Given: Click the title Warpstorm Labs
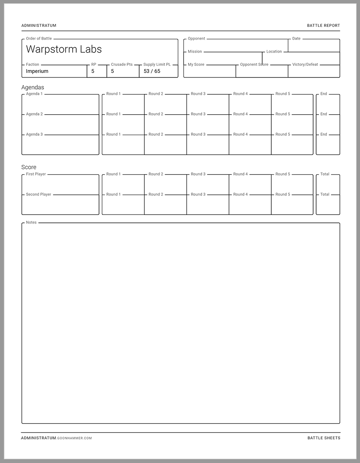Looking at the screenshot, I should pyautogui.click(x=64, y=49).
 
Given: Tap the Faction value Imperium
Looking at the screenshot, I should pyautogui.click(x=37, y=71).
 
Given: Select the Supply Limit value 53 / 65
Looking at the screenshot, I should pyautogui.click(x=152, y=71).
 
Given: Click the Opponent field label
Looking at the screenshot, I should pyautogui.click(x=196, y=39).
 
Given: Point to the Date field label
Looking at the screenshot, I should pyautogui.click(x=296, y=39).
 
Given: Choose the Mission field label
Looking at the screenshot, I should pyautogui.click(x=195, y=52).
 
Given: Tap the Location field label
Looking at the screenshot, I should pyautogui.click(x=274, y=52).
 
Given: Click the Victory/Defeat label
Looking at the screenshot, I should pyautogui.click(x=305, y=65).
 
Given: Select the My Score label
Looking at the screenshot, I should pyautogui.click(x=196, y=65).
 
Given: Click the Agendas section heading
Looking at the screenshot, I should pyautogui.click(x=33, y=87).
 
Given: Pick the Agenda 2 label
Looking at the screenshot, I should pyautogui.click(x=34, y=114).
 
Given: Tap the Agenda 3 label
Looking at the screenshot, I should pyautogui.click(x=34, y=135).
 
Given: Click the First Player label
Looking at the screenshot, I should pyautogui.click(x=36, y=174).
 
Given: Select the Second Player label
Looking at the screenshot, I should pyautogui.click(x=39, y=195).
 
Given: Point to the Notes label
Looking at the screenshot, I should pyautogui.click(x=31, y=222).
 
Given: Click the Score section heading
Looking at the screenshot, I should pyautogui.click(x=29, y=167).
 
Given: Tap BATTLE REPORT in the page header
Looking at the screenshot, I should pyautogui.click(x=323, y=26).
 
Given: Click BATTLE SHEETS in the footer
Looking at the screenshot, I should pyautogui.click(x=324, y=438).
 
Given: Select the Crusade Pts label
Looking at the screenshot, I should pyautogui.click(x=122, y=65).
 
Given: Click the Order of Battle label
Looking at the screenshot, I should pyautogui.click(x=39, y=39).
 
